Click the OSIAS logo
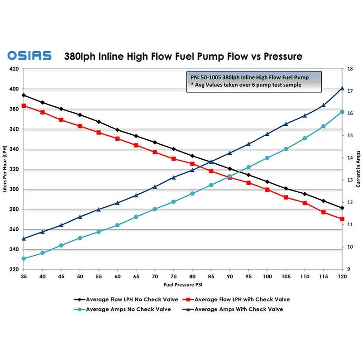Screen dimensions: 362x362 (x=29, y=56)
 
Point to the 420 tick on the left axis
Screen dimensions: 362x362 (x=13, y=69)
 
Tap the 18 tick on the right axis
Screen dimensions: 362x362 (x=350, y=69)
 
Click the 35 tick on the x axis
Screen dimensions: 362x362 (x=24, y=276)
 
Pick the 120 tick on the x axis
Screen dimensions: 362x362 (x=342, y=276)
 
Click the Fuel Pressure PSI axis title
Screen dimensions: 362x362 (x=182, y=286)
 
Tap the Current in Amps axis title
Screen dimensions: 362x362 (x=358, y=169)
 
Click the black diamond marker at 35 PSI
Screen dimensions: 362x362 (x=24, y=95)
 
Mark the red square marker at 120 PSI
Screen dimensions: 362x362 (x=342, y=219)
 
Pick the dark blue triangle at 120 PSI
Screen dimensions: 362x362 (x=342, y=89)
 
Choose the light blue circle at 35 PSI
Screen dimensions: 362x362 (x=24, y=259)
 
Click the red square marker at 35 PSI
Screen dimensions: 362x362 (x=24, y=105)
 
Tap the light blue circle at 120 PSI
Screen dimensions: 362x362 (x=342, y=112)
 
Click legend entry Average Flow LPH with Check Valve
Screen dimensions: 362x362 (x=237, y=300)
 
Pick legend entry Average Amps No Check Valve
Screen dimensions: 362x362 (x=122, y=310)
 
